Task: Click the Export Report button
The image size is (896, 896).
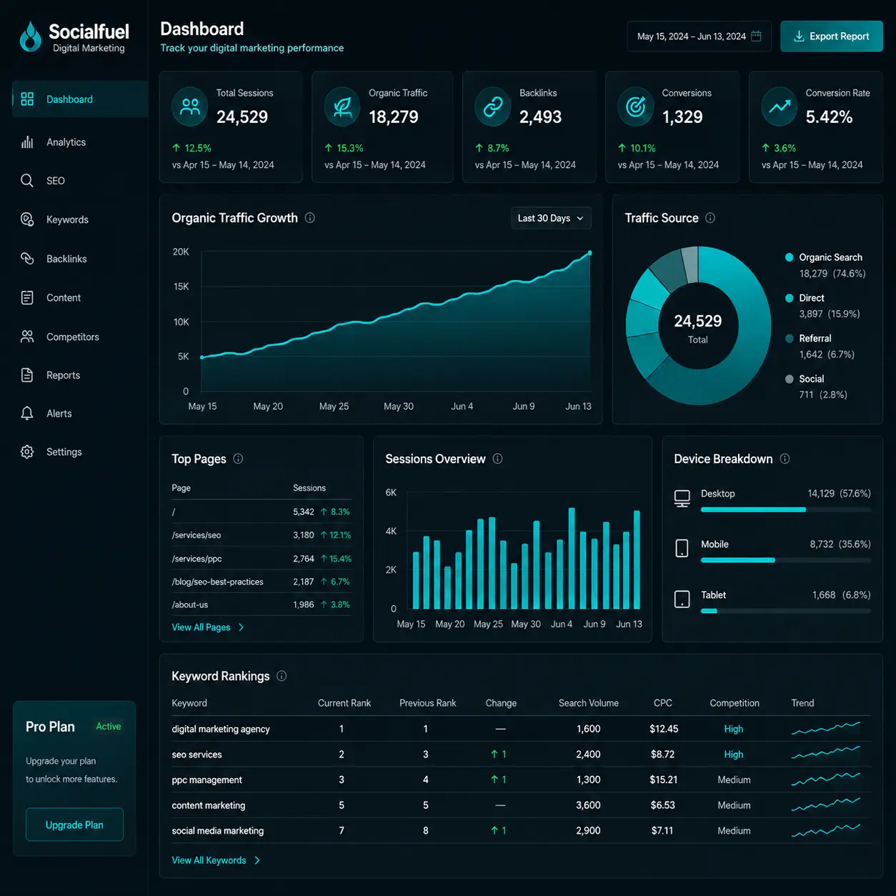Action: (832, 36)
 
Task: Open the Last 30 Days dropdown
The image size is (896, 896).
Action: (551, 218)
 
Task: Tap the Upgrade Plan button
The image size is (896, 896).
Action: (74, 825)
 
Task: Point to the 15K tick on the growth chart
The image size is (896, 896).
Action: (181, 287)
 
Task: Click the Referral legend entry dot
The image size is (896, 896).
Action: (789, 339)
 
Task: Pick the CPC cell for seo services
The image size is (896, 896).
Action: (662, 755)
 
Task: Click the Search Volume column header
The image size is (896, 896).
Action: (588, 703)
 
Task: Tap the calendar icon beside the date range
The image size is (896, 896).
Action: (756, 36)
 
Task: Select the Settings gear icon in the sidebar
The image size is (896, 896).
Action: (27, 452)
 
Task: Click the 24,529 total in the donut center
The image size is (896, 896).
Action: (698, 321)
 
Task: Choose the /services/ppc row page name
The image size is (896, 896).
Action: (196, 559)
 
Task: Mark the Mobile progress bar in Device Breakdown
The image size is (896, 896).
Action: (738, 560)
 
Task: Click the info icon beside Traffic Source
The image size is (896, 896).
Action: (710, 218)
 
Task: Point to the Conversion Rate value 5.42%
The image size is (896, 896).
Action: (829, 116)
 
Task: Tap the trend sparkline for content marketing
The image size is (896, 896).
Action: (826, 805)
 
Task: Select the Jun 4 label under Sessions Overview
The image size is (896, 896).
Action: (562, 624)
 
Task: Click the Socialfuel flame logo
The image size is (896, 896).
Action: (31, 36)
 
